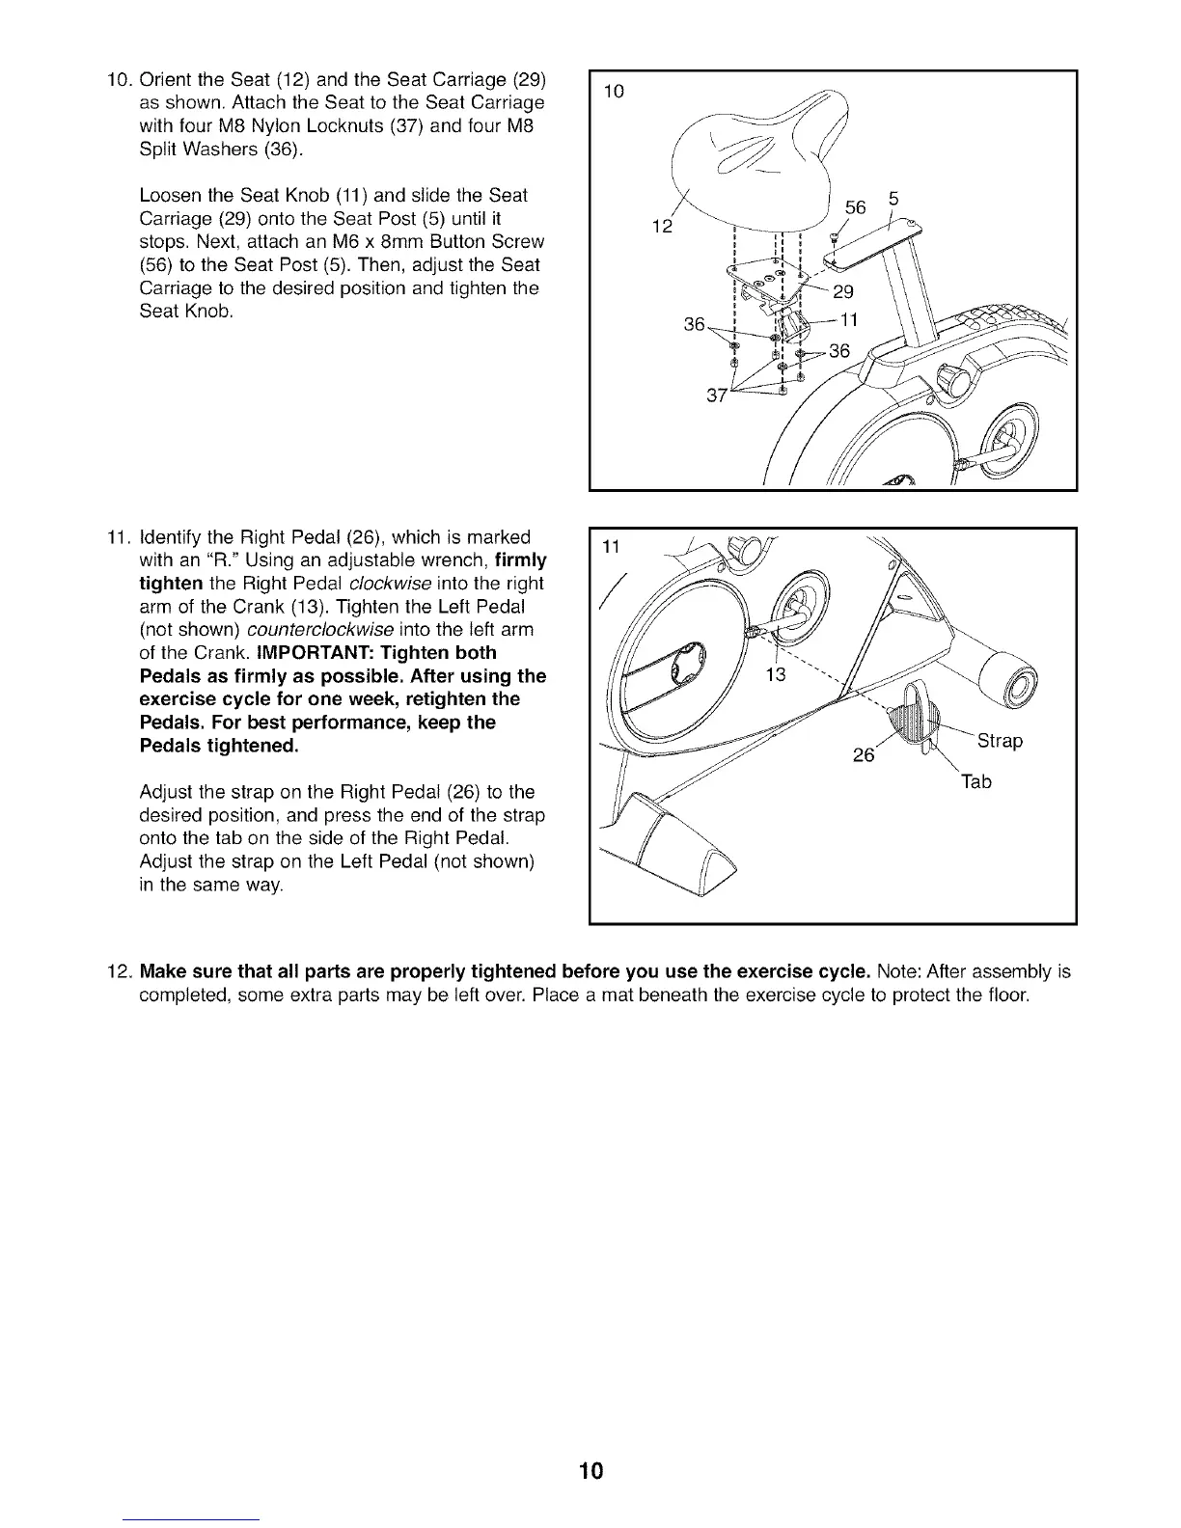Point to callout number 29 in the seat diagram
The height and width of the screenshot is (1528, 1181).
(842, 293)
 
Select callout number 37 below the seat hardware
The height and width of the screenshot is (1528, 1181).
(717, 396)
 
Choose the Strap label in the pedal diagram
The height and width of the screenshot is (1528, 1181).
(1000, 741)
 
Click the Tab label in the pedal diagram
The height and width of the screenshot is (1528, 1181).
(975, 781)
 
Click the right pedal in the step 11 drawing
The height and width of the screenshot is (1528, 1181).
(911, 719)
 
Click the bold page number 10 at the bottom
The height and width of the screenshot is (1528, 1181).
(590, 1471)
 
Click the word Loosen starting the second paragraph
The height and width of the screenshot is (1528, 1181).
(170, 195)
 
